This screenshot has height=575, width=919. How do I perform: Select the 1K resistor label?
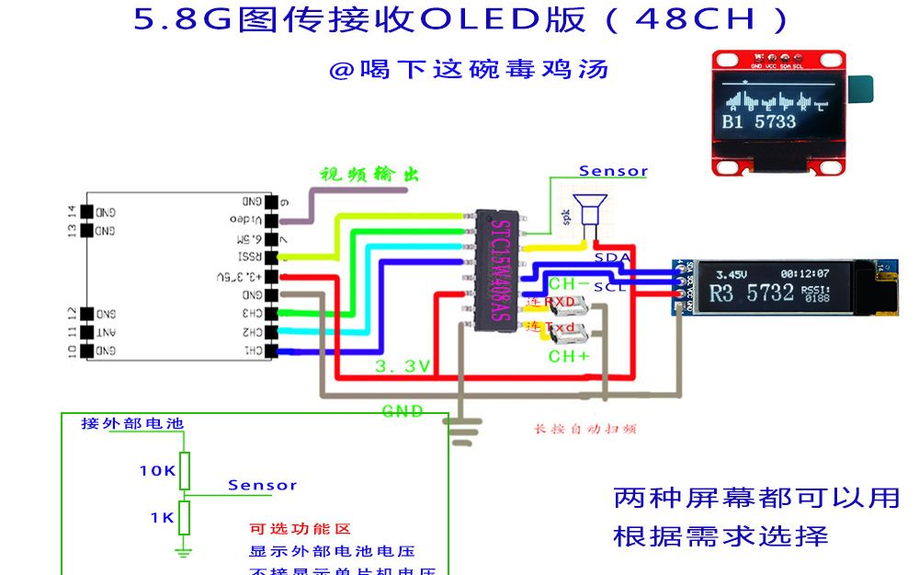coord(162,518)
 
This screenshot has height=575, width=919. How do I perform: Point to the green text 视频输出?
coord(369,175)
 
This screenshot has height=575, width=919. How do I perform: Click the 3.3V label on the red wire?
coord(403,366)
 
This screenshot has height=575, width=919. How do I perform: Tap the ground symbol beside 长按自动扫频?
coord(465,431)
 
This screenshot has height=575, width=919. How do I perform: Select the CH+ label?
coord(569,356)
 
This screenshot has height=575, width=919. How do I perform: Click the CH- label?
coord(569,284)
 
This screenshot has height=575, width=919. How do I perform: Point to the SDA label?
coord(612,258)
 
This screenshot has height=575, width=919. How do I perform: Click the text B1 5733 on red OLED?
coord(759,121)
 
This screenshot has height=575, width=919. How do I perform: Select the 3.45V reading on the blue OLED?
coord(732,274)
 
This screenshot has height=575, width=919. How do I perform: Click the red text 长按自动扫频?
coord(585,429)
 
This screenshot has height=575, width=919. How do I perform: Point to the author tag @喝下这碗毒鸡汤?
coord(469,70)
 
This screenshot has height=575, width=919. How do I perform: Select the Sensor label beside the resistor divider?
coord(263,485)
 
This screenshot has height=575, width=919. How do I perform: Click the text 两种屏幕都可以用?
coord(755,498)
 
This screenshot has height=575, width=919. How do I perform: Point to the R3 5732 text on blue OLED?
coord(752,293)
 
